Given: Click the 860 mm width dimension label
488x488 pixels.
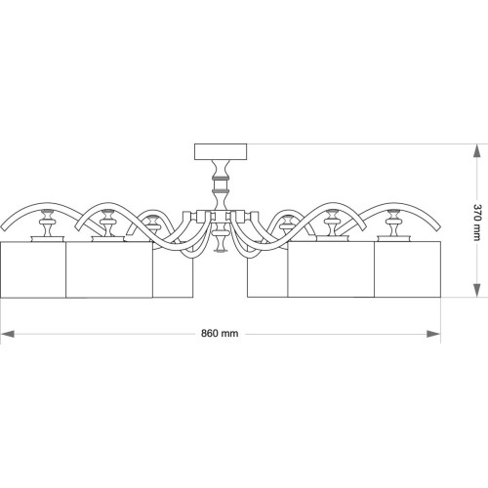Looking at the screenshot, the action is click(x=220, y=334).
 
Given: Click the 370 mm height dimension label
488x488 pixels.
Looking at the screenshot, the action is click(x=477, y=223).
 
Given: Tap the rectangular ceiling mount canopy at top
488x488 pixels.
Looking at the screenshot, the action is click(x=221, y=151).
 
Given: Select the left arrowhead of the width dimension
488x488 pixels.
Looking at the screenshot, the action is click(x=8, y=334).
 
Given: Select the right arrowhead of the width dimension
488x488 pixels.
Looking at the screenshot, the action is click(x=433, y=334).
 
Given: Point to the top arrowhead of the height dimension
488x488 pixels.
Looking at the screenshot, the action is click(x=476, y=151).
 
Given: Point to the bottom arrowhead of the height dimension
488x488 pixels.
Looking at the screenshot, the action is click(x=476, y=290).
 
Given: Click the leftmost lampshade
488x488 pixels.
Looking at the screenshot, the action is click(x=33, y=269).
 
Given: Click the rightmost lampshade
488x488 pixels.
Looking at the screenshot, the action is click(x=407, y=269).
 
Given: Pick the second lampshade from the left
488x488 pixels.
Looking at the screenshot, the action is click(x=109, y=269).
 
